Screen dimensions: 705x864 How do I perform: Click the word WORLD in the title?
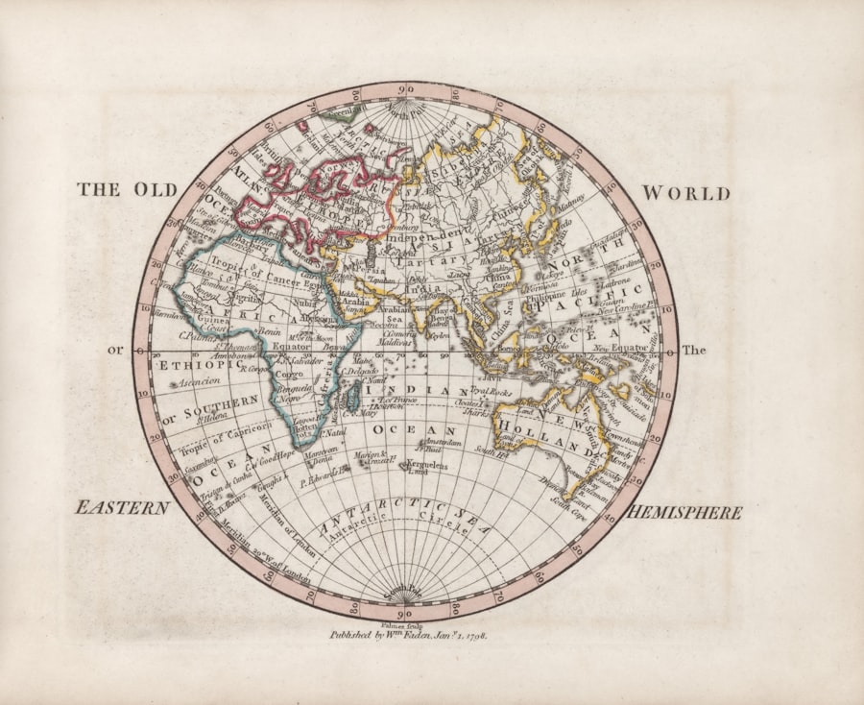point(684,194)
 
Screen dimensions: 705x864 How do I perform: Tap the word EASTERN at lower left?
point(123,508)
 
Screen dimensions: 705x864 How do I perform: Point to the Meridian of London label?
point(277,534)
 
